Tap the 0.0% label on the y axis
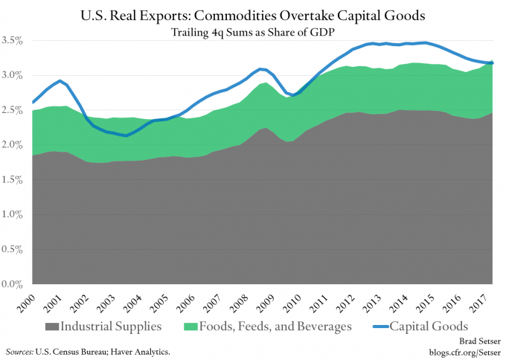click(x=16, y=284)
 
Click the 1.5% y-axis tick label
click(x=16, y=180)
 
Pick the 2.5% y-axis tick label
click(x=16, y=110)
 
